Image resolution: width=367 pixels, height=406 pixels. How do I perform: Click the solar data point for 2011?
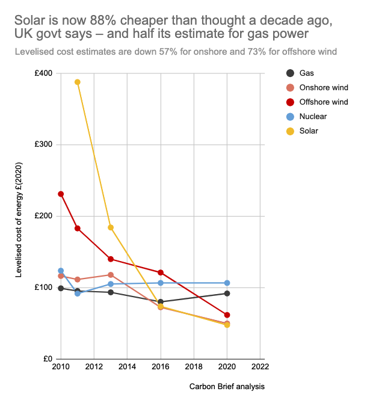78,82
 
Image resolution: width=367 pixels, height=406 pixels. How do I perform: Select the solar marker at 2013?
111,227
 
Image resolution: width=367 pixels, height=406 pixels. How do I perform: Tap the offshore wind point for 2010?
61,194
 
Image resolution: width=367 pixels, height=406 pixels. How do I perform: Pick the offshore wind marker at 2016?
161,272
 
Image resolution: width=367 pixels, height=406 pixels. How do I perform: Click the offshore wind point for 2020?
227,315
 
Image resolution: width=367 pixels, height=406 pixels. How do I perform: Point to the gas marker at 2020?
227,294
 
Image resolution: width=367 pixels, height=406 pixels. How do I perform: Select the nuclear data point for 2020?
227,283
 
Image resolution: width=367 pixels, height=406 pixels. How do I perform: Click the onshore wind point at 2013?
111,275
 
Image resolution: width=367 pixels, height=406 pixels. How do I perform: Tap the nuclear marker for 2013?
111,284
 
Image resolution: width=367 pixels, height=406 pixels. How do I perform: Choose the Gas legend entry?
307,73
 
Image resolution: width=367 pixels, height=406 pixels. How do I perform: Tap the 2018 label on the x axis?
194,367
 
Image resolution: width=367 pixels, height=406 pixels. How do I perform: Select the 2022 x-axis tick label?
260,367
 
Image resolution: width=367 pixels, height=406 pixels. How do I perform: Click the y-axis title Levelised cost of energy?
19,220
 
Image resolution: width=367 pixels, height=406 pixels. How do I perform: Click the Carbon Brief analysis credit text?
227,386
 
